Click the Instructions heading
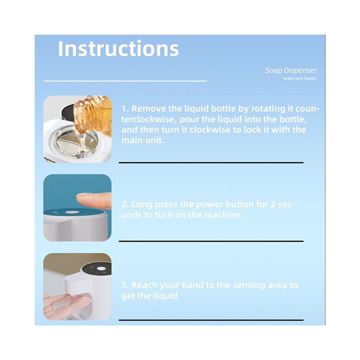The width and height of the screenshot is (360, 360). click(x=118, y=48)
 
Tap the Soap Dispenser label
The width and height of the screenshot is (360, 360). click(x=291, y=70)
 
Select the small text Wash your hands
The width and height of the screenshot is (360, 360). click(x=300, y=79)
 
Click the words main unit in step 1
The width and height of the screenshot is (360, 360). click(x=143, y=140)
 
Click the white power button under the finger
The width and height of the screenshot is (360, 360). click(x=72, y=212)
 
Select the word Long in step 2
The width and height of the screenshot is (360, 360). click(x=142, y=204)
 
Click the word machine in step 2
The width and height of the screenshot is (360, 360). click(x=224, y=215)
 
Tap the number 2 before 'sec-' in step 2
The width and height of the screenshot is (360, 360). click(x=272, y=204)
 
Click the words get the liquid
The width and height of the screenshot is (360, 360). click(x=149, y=296)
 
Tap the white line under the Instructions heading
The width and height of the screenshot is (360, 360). click(x=125, y=81)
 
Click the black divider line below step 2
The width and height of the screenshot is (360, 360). click(x=211, y=241)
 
